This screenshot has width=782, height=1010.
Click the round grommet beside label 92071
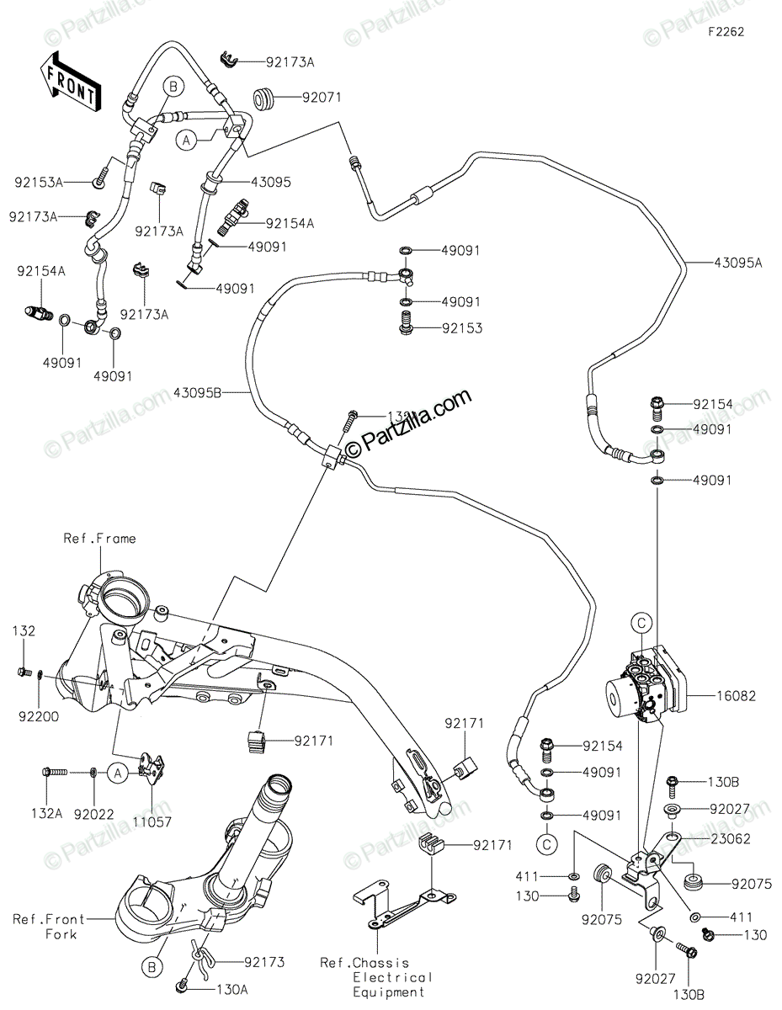click(265, 98)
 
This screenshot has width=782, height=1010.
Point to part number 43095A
click(737, 263)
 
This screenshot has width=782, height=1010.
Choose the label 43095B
click(199, 392)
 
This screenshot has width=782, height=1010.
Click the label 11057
click(152, 821)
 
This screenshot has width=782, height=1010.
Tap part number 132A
click(47, 814)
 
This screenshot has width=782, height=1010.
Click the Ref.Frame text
click(99, 539)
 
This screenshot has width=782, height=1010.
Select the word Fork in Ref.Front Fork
click(61, 934)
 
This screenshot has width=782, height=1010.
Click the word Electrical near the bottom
click(392, 977)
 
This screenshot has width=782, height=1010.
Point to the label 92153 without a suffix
click(462, 328)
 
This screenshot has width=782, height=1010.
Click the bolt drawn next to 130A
click(182, 986)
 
